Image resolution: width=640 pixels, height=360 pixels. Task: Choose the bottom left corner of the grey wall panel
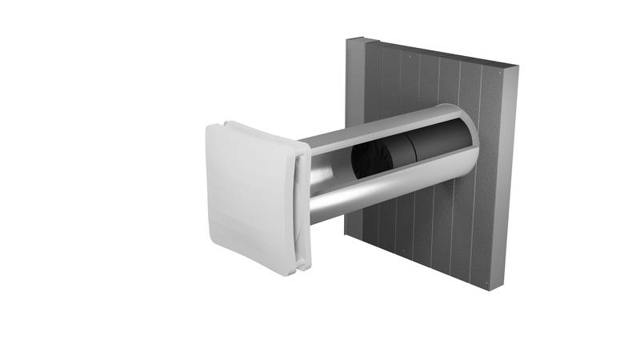(346, 237)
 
